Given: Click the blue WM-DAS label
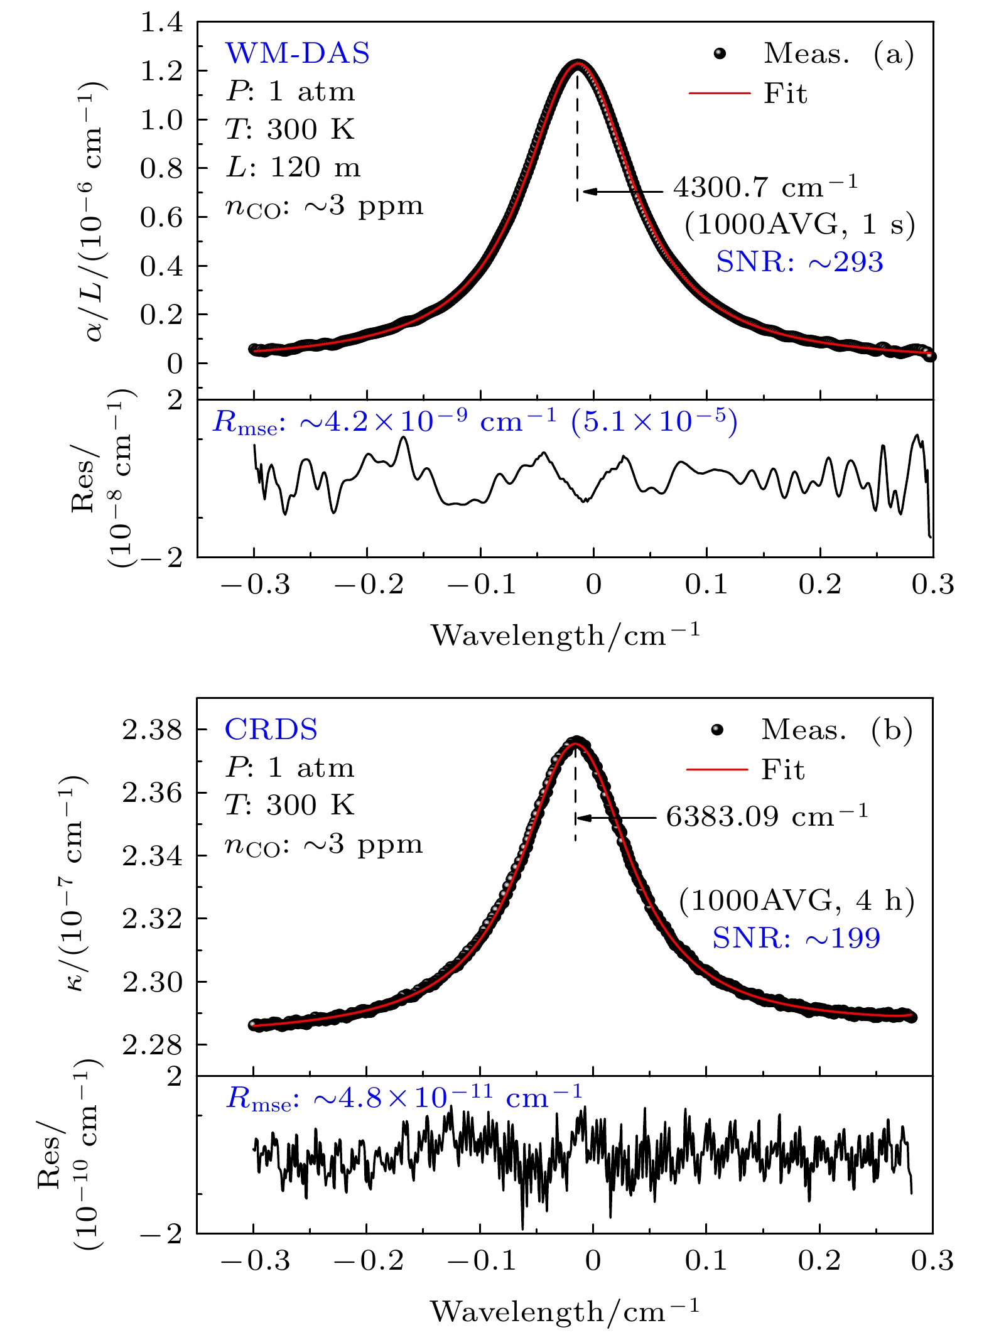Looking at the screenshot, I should (x=297, y=53).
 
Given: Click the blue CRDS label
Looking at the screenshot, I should (x=271, y=730).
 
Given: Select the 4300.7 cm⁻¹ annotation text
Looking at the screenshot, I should (x=765, y=187).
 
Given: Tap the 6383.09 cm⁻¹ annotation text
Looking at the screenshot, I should (x=766, y=816).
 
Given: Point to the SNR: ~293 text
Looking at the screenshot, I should (x=799, y=262).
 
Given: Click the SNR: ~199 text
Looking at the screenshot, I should (x=796, y=938).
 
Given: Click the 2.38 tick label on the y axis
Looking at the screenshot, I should (x=152, y=730).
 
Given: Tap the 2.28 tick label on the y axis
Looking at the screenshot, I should (x=152, y=1045).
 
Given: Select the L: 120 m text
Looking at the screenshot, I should (x=293, y=168).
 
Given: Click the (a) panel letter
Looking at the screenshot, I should (x=893, y=54).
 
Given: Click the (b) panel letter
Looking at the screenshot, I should (x=892, y=730).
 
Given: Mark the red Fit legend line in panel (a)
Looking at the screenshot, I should (x=720, y=94).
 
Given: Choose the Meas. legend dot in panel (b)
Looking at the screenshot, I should (x=717, y=730).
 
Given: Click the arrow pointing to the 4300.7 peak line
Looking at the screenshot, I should (x=622, y=192).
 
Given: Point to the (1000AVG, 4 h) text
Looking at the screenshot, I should (x=796, y=900).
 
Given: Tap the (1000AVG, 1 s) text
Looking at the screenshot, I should (x=799, y=224).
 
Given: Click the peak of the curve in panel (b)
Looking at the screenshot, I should (x=575, y=743).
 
